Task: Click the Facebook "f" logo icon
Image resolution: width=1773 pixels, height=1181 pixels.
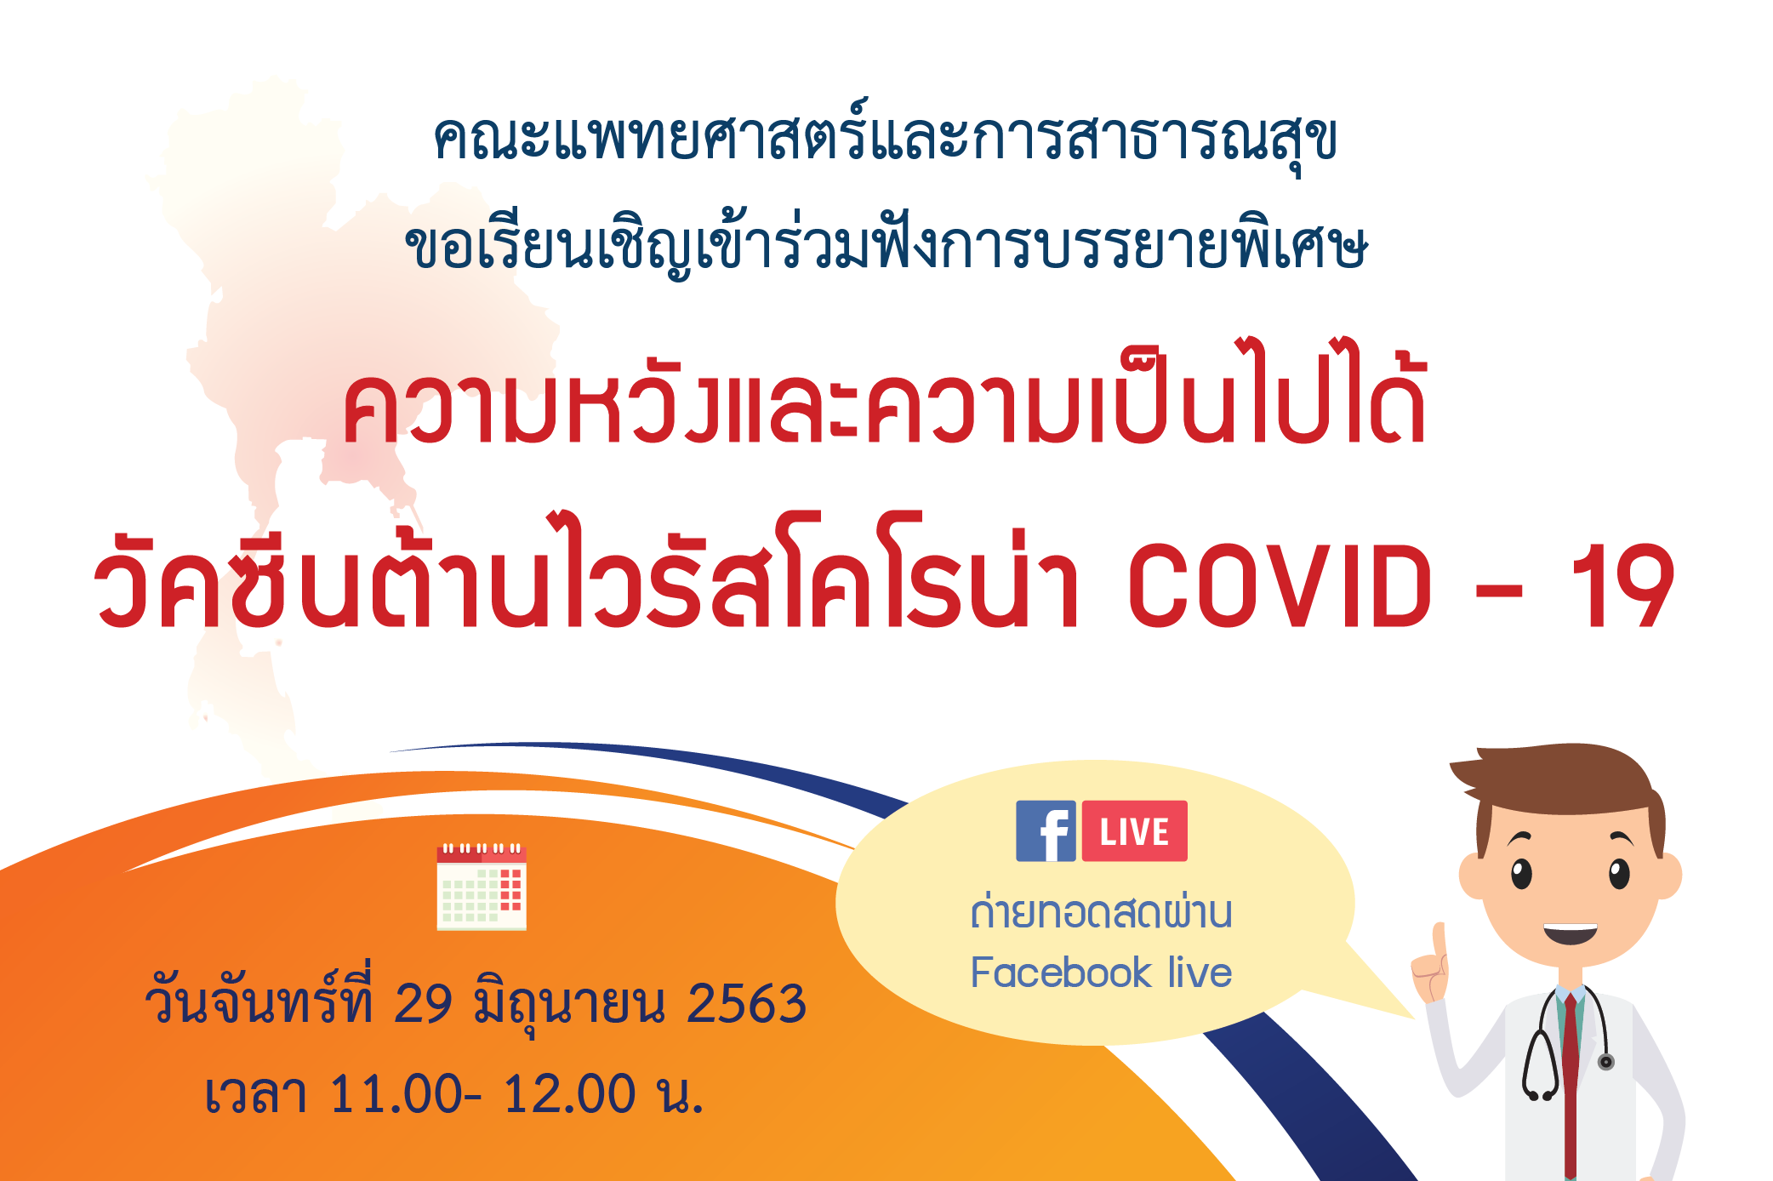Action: (1046, 830)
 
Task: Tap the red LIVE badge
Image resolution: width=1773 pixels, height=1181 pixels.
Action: (1134, 830)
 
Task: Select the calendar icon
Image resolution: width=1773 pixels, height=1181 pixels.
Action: (482, 887)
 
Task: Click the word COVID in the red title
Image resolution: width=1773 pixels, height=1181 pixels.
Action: (1280, 586)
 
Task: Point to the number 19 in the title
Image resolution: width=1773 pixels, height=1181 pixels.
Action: (1622, 586)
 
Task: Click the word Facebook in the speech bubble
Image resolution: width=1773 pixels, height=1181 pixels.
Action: (1061, 972)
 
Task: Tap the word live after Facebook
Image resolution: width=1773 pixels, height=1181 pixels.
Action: (1200, 972)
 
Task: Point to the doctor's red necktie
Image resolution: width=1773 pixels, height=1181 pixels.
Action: (1570, 1081)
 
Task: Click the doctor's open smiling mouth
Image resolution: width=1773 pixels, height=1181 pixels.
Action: (1571, 933)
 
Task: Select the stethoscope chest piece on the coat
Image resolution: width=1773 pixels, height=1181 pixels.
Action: (1605, 1061)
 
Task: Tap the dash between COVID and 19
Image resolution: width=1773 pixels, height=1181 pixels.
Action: (1500, 590)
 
